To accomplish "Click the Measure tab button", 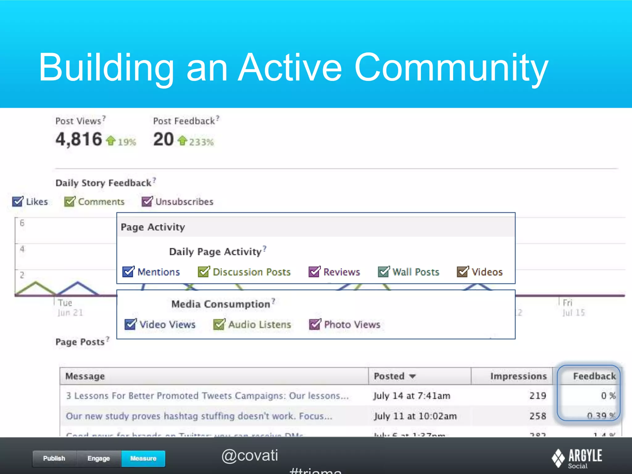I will [143, 458].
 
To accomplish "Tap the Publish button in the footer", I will [54, 458].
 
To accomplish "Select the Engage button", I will [99, 458].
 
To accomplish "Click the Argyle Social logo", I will [577, 458].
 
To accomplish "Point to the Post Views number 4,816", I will [79, 139].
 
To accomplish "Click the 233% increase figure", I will [201, 142].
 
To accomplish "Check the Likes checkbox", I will [18, 202].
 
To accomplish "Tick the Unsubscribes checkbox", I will [147, 202].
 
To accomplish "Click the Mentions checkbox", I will [128, 272].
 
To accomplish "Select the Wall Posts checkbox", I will [384, 272].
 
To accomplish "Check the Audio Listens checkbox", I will [219, 324].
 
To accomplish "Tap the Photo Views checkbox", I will [315, 324].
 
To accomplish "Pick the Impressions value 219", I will [538, 396].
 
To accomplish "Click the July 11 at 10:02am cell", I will [415, 416].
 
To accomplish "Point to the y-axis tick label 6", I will [22, 223].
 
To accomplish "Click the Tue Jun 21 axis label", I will [70, 308].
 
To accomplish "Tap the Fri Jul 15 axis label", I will [573, 308].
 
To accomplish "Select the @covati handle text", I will [250, 455].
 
